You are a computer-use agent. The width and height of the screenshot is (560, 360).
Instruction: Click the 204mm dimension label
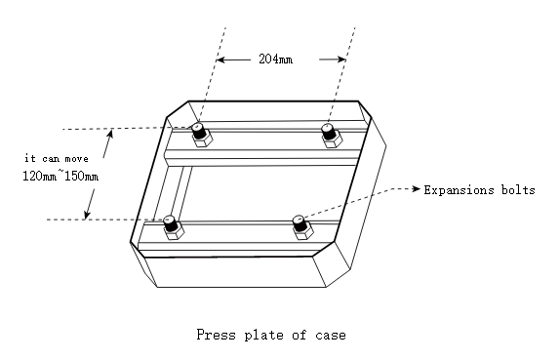coord(276,59)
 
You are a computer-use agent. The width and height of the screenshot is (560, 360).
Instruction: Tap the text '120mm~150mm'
coord(60,176)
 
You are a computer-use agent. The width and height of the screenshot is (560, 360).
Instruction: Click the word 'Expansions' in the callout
coord(459,190)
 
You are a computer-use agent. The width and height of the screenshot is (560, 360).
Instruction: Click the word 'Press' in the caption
coord(216,335)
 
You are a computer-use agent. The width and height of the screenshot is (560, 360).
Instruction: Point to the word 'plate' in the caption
coord(263,335)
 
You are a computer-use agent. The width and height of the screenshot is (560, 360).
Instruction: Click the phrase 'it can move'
coord(57,158)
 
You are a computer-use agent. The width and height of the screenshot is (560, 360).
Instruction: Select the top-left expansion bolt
coord(202,135)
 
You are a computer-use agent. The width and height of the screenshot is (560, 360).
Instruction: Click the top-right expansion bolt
coord(332,135)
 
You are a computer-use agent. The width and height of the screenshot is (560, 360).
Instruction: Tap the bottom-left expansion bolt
coord(174,227)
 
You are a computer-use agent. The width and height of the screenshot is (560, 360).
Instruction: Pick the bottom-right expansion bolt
coord(302,227)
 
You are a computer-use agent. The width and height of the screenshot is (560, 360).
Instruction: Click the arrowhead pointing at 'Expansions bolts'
coord(417,188)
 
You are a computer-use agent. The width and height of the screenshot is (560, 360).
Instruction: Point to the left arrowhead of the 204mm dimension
coord(220,60)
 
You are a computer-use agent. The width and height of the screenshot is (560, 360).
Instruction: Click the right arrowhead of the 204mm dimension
coord(341,60)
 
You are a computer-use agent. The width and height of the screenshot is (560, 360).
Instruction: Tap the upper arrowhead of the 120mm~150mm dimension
coord(110,134)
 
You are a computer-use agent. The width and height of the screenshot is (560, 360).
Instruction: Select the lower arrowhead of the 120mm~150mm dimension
coord(87,215)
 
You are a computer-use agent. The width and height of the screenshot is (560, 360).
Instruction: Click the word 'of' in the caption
coord(300,335)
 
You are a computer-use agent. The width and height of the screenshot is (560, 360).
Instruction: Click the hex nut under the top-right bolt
coord(333,140)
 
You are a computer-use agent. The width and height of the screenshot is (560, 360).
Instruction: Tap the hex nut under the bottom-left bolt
coord(175,233)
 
